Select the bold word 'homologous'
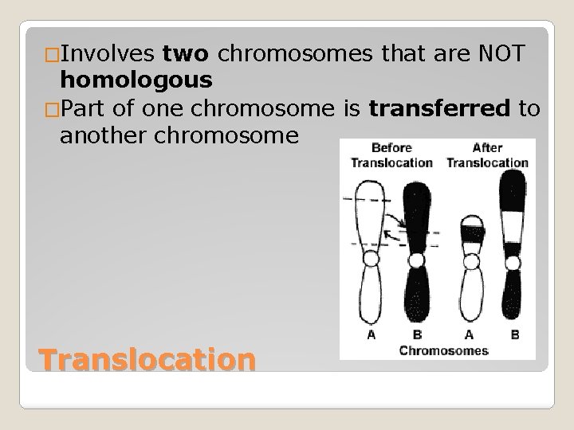point(136,80)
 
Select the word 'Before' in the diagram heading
point(390,148)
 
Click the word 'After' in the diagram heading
point(486,148)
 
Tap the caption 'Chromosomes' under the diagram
point(444,350)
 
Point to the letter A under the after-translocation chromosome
point(471,335)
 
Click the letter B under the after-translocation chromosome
point(514,335)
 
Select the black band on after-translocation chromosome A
point(471,233)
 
